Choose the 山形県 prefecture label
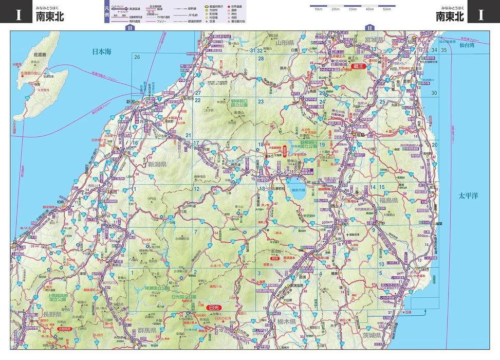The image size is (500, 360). [284, 43]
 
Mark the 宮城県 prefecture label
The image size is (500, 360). [375, 40]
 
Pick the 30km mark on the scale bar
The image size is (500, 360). [352, 9]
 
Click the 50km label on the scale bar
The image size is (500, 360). [386, 9]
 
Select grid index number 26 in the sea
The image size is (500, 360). [137, 57]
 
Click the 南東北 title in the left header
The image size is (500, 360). [50, 16]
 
